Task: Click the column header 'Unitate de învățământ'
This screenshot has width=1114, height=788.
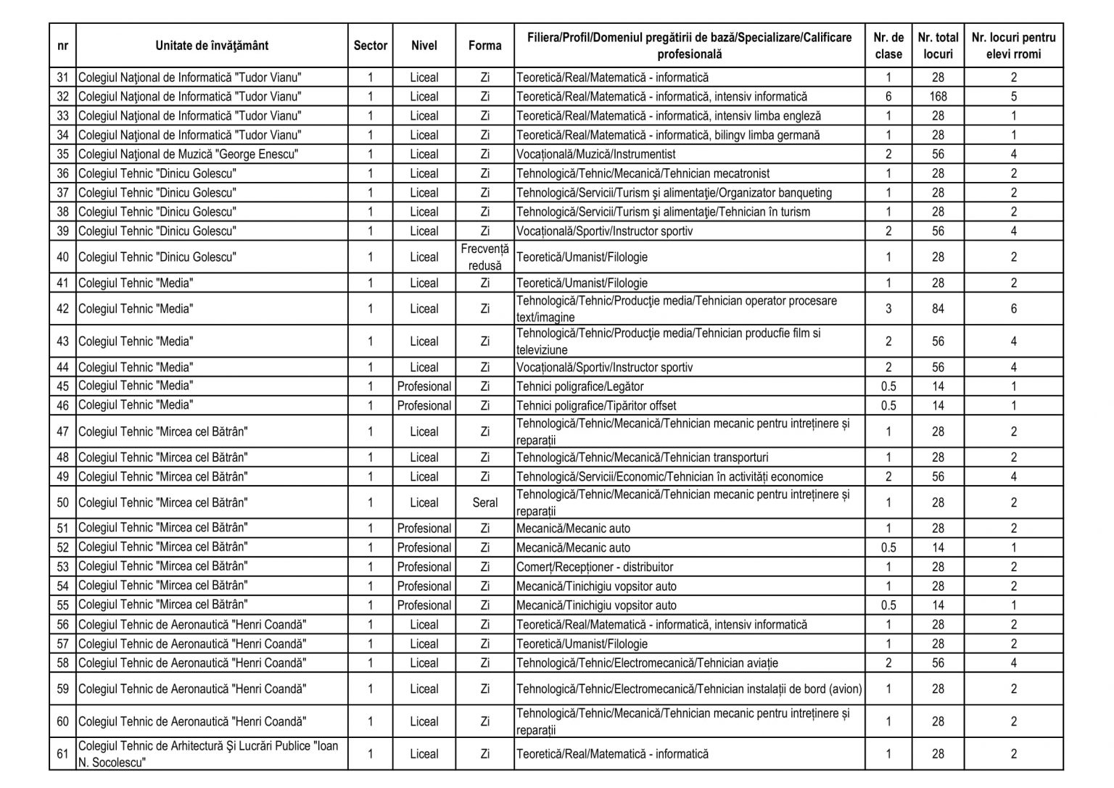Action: point(211,46)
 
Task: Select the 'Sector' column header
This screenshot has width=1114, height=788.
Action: point(370,46)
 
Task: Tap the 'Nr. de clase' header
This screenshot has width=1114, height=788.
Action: point(888,46)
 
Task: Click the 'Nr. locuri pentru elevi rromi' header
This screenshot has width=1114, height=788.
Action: point(1013,46)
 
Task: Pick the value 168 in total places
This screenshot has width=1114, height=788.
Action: point(938,96)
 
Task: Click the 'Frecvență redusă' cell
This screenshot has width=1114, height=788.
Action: point(484,257)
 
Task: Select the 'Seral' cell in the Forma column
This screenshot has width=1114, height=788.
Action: point(484,502)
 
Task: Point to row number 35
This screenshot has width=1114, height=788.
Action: point(62,154)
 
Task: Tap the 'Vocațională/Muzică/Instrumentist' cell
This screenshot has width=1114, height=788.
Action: point(596,154)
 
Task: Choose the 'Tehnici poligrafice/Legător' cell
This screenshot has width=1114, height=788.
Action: point(580,386)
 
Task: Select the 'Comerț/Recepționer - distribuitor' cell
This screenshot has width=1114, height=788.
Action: point(595,567)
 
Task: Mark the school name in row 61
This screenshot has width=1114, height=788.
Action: point(208,754)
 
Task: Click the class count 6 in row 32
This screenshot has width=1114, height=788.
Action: point(888,96)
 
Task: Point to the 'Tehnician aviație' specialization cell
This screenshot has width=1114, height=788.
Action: point(647,663)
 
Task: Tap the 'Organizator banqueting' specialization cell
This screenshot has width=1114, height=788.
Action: point(674,193)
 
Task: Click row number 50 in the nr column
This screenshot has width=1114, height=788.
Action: point(62,502)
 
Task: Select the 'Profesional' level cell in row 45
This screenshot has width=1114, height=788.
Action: point(424,386)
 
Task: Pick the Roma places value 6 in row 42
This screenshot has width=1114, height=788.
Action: point(1013,309)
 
